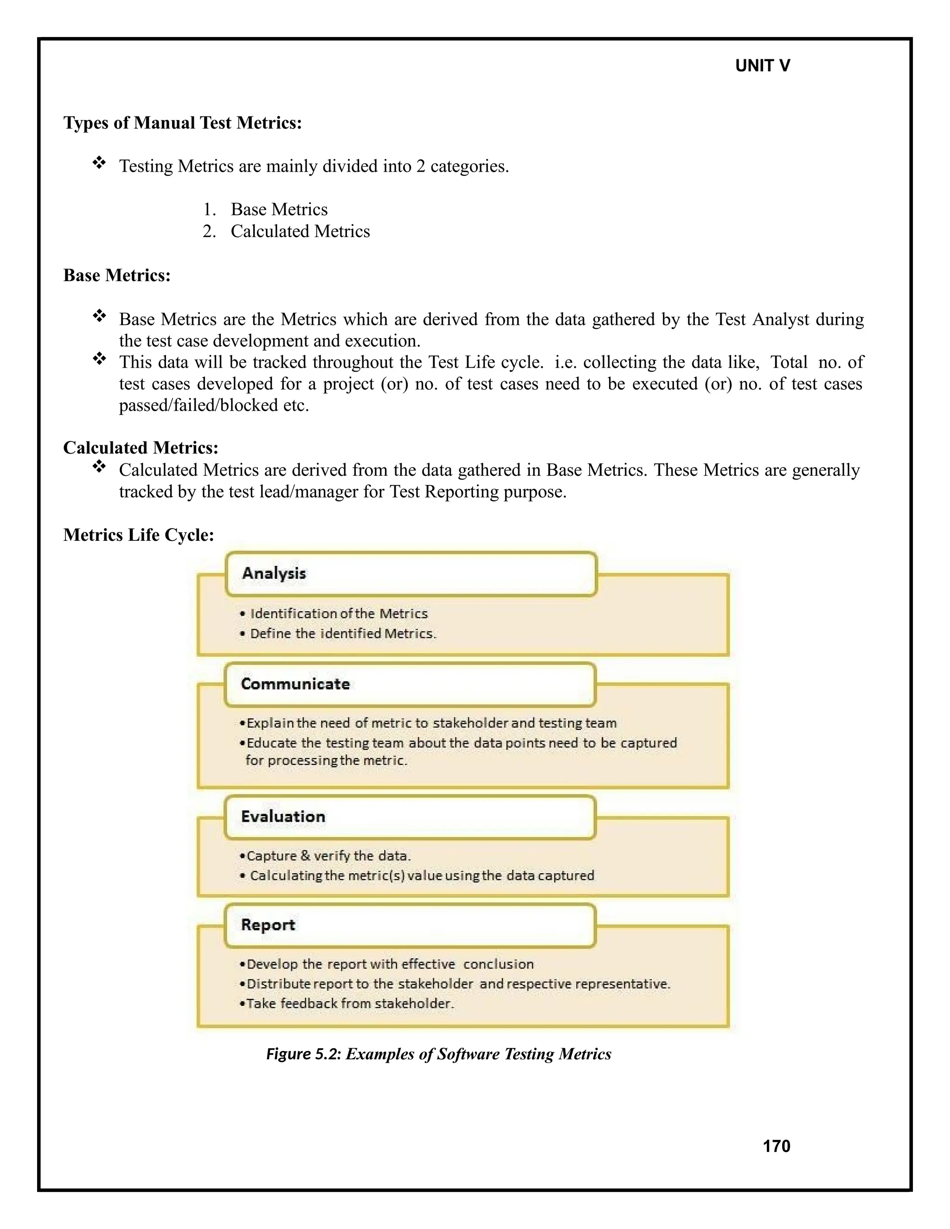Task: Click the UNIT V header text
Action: pos(762,66)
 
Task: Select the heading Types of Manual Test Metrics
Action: pos(182,123)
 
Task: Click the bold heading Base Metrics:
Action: pos(116,275)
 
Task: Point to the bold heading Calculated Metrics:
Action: pos(141,448)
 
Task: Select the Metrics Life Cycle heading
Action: pos(138,535)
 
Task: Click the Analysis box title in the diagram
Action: pos(274,573)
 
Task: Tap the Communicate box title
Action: pos(295,684)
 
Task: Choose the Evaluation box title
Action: pos(282,817)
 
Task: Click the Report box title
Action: pos(268,925)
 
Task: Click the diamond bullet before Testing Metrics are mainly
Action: pos(99,163)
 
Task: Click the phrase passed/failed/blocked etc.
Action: pos(214,405)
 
